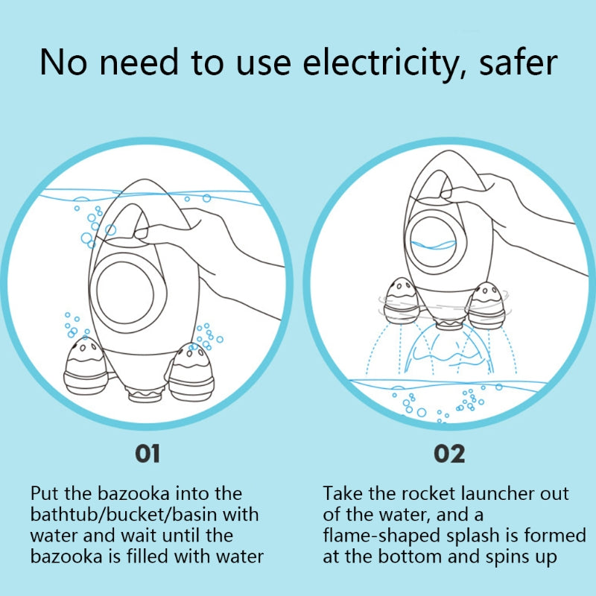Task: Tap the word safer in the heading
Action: point(518,61)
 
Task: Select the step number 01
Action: point(148,454)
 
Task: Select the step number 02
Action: point(449,454)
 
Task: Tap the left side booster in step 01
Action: point(86,366)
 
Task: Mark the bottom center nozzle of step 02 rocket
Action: point(448,324)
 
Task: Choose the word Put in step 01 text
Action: point(45,494)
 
